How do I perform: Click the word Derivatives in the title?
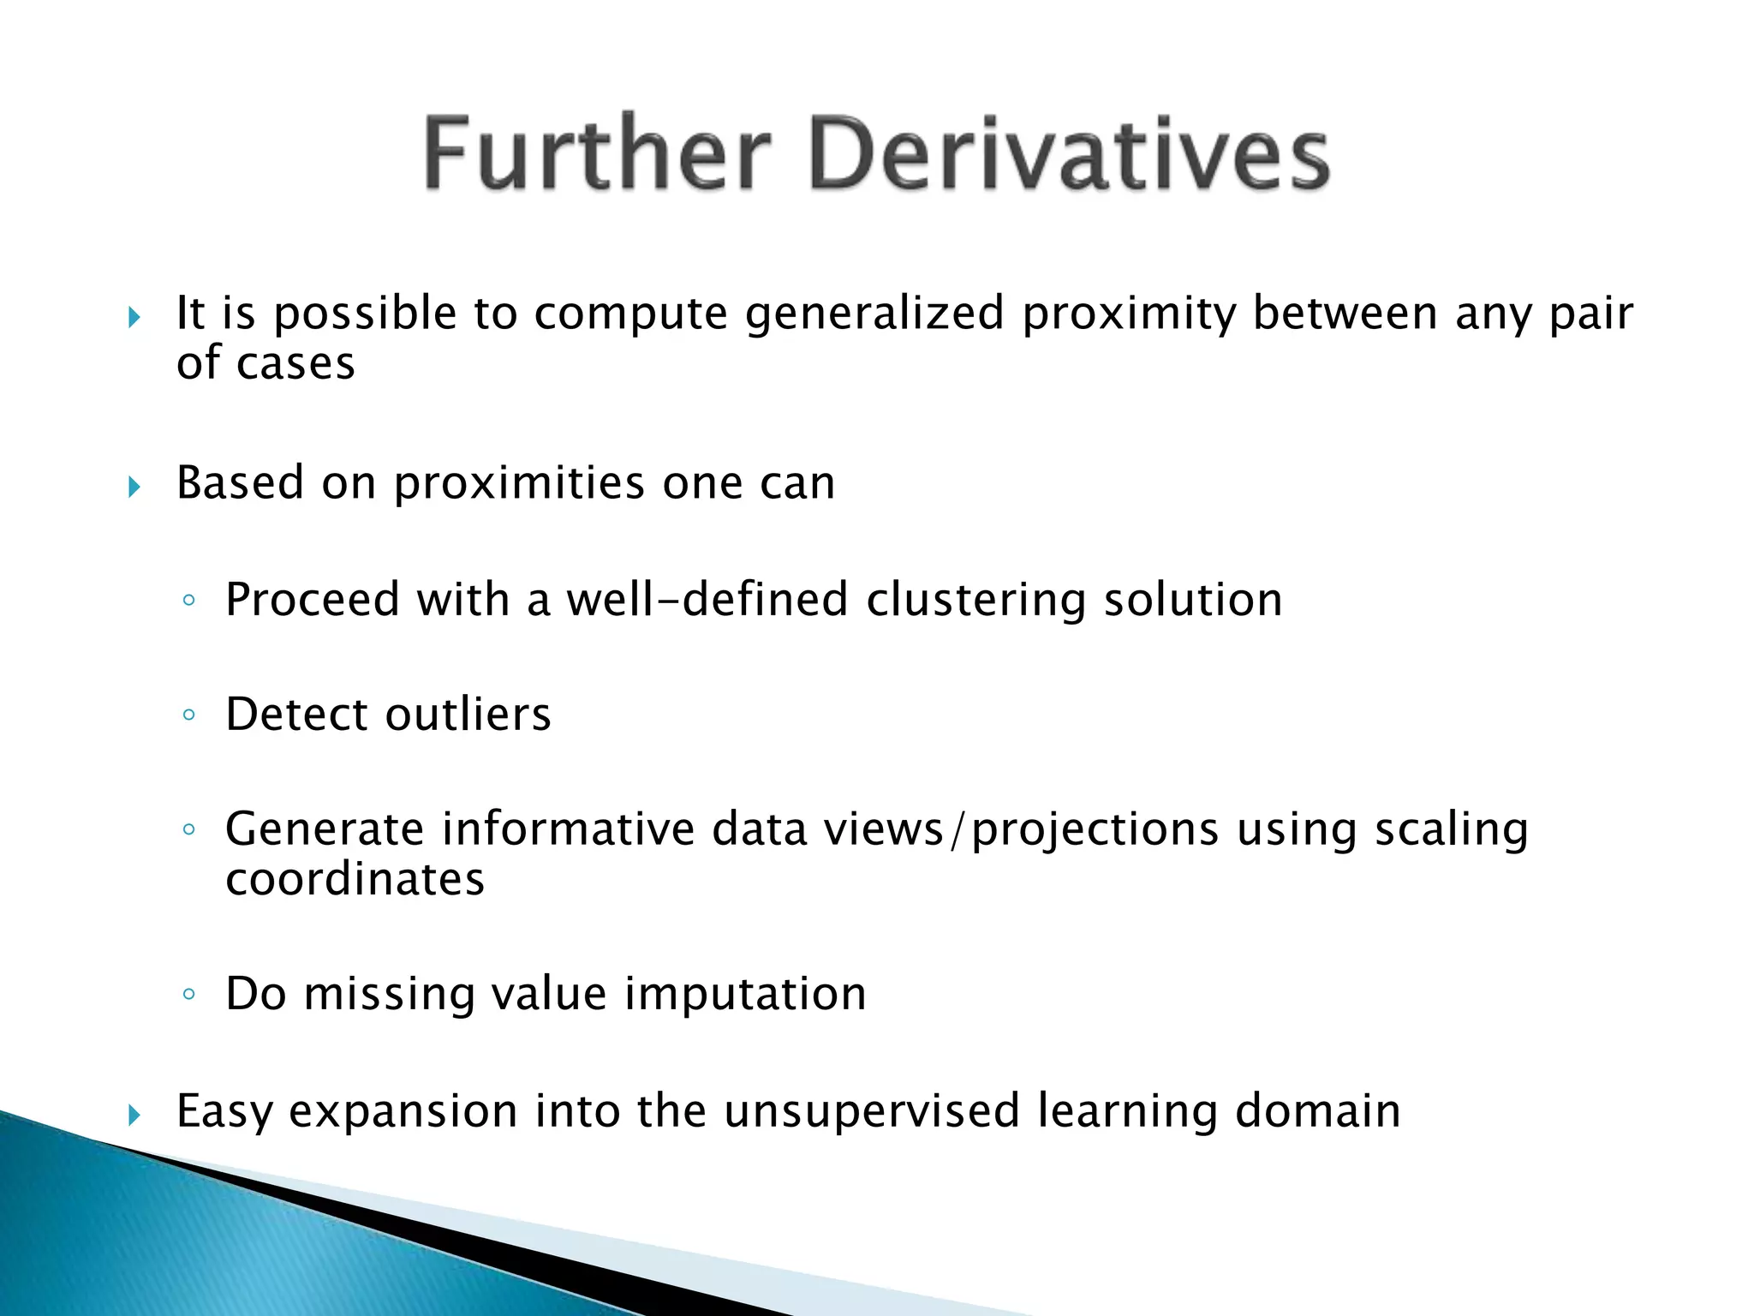(x=1069, y=154)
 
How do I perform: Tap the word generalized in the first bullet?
(x=874, y=314)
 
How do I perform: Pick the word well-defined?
(x=707, y=599)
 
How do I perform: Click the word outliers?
(x=468, y=715)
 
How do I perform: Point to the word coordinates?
(x=355, y=880)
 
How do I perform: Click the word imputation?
(x=745, y=995)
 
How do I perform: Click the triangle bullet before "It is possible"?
(x=134, y=319)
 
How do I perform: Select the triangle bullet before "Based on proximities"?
(x=134, y=488)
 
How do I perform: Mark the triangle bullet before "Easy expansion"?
(x=134, y=1115)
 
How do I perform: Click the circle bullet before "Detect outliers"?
(x=189, y=715)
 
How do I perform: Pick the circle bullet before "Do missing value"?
(x=189, y=995)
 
